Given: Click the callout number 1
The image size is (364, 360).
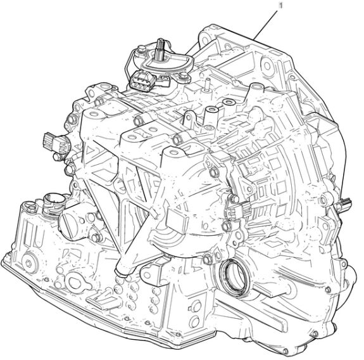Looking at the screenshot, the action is coord(280,6).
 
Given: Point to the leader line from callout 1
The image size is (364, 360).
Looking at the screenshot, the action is coord(265,25).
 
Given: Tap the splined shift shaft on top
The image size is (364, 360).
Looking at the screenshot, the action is coord(161,48).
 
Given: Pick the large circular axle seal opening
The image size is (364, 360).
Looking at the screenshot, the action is coord(234,276).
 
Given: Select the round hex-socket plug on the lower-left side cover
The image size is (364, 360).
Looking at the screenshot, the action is coord(29,263).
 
